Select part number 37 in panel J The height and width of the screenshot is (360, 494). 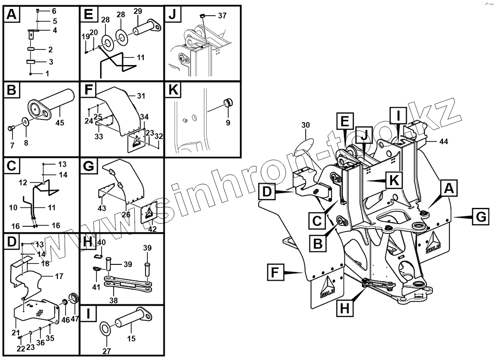(x=222, y=16)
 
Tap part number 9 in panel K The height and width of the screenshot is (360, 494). (x=228, y=122)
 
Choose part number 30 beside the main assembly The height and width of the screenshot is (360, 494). (x=306, y=125)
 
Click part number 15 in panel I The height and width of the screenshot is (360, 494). (x=132, y=339)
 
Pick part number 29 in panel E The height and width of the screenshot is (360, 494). (x=138, y=11)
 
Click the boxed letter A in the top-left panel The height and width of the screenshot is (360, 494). (x=11, y=15)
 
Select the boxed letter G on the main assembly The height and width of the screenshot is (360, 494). (x=480, y=217)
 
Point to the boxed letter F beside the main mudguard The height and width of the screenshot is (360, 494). (x=275, y=272)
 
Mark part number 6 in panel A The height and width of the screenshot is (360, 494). (x=54, y=10)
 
